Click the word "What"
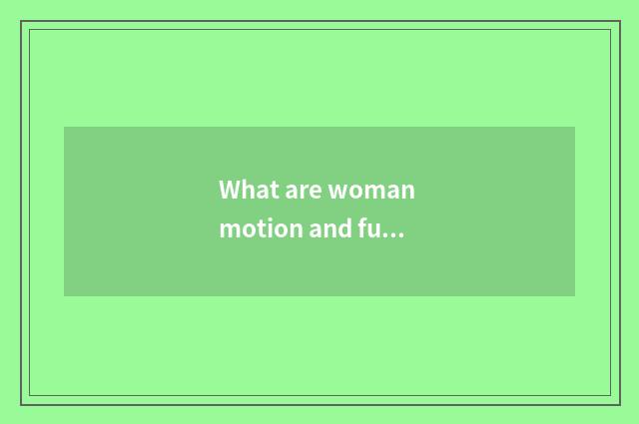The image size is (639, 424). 246,190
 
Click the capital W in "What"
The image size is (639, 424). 230,190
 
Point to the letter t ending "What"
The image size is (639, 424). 268,190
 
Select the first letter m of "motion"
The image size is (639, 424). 228,229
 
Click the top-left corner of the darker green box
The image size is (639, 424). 65,128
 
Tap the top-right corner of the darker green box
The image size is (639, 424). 574,128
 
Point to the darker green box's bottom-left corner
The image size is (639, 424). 65,295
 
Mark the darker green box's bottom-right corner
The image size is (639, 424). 574,295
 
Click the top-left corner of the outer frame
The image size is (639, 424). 21,21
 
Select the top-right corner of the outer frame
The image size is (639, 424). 619,21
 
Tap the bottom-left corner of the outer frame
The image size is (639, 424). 21,404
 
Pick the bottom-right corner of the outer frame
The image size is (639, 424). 619,404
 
